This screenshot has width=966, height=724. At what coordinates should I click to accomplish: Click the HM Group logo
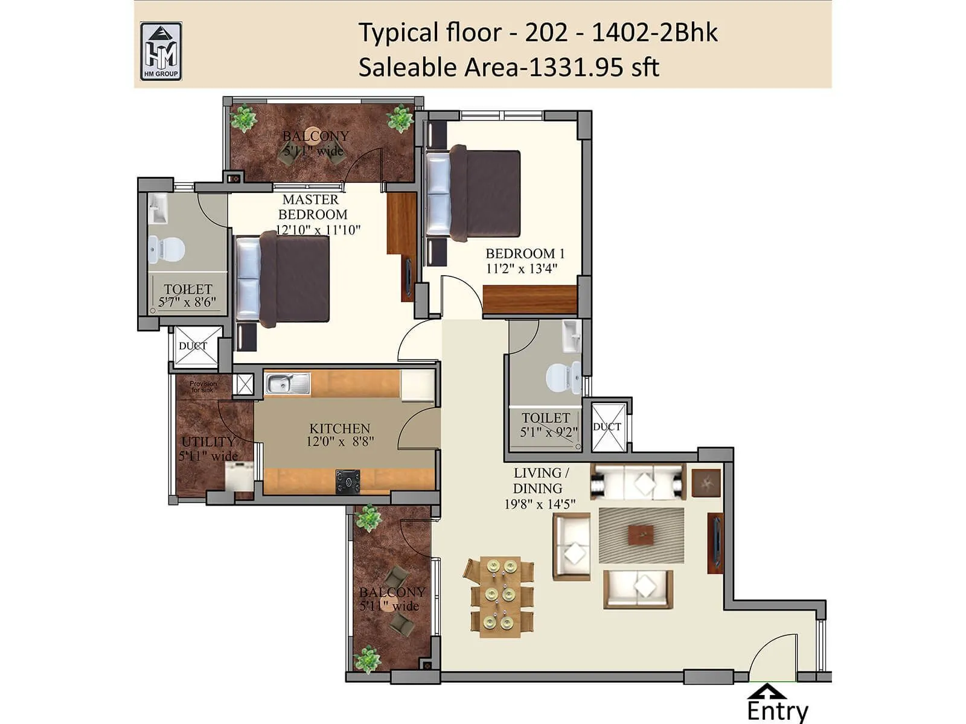coord(161,51)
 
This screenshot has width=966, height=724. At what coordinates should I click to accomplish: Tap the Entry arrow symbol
coord(766,691)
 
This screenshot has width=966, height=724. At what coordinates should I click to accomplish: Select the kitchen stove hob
coord(348,481)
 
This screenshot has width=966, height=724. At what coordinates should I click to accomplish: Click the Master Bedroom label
coord(312,207)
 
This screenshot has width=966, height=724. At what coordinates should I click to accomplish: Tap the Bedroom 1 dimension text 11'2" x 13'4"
coord(521,268)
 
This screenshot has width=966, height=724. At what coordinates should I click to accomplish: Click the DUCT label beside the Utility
coord(193,346)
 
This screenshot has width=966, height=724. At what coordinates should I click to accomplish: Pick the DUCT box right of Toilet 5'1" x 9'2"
coord(607,427)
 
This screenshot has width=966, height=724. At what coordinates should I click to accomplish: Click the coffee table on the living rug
coord(641,534)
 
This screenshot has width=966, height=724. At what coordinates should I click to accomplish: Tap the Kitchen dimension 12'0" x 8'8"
coord(339,442)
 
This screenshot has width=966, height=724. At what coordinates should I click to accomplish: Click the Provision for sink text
coord(203,387)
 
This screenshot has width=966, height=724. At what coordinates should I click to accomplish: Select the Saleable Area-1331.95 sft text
coord(508,67)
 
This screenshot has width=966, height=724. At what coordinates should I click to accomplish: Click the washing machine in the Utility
coord(239,478)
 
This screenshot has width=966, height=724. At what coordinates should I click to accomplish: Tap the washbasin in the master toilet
coord(159,208)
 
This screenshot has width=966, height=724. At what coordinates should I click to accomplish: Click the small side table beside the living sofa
coord(706,483)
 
